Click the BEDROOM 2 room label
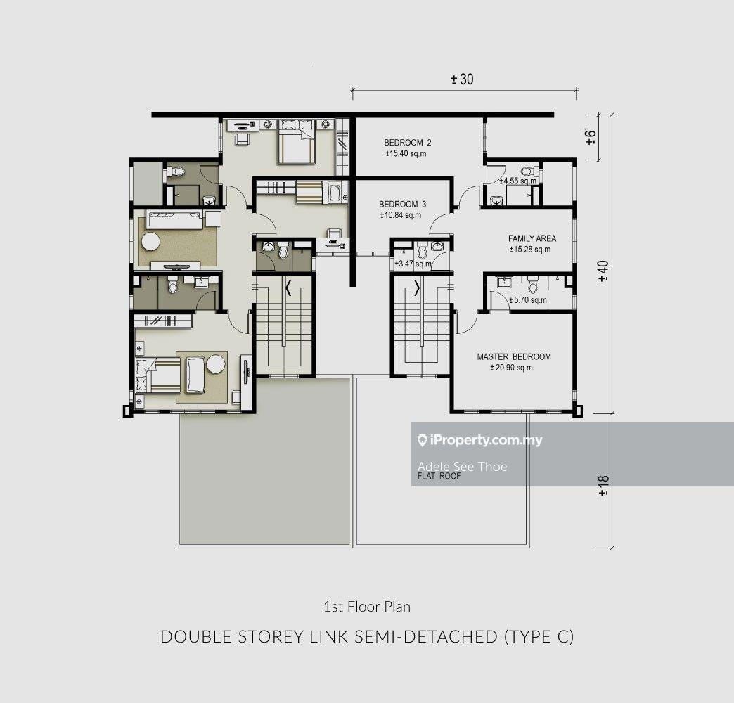tap(408, 143)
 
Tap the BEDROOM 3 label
tap(403, 205)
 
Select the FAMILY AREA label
tap(532, 238)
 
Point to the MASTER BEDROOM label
tap(514, 356)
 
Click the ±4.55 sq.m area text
tap(518, 181)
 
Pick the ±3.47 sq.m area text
tap(413, 264)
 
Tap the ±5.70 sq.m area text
tap(528, 300)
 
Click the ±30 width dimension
tap(462, 79)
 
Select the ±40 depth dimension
tap(603, 271)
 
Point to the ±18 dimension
tap(603, 486)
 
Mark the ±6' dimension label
tap(591, 136)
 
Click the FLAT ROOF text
tap(439, 477)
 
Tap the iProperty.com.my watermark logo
tap(479, 440)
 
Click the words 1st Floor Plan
tap(367, 607)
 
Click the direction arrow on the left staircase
tap(288, 288)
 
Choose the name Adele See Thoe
tap(463, 467)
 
